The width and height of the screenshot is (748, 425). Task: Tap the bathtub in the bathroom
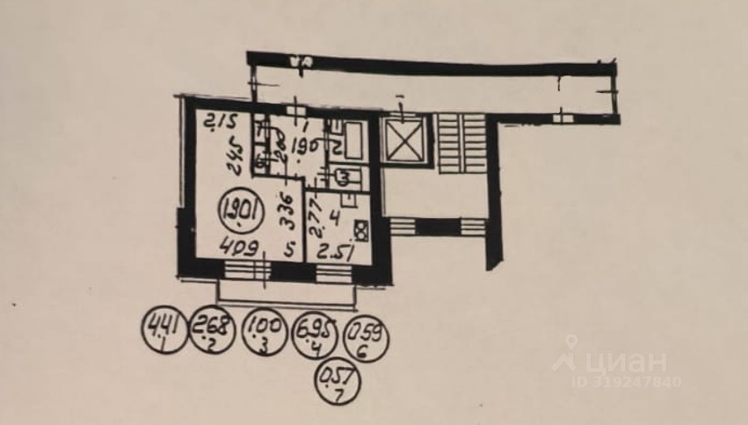pos(353,140)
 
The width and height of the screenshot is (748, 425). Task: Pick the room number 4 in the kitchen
pos(333,220)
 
